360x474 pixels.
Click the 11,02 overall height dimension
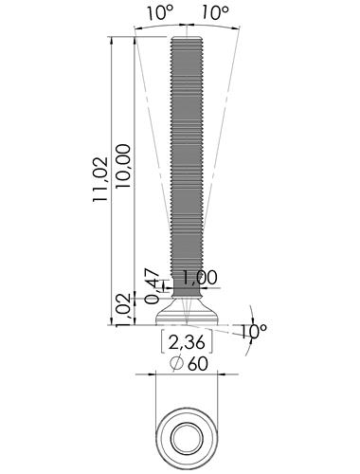100,179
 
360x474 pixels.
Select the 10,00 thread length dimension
123,166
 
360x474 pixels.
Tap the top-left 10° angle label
160,12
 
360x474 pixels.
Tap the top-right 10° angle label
215,12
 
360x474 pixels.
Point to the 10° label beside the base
254,331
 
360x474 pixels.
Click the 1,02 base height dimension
123,310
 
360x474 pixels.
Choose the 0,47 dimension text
153,286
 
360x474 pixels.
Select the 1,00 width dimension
200,278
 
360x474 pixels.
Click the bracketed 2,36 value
187,342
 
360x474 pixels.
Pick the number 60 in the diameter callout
198,364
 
